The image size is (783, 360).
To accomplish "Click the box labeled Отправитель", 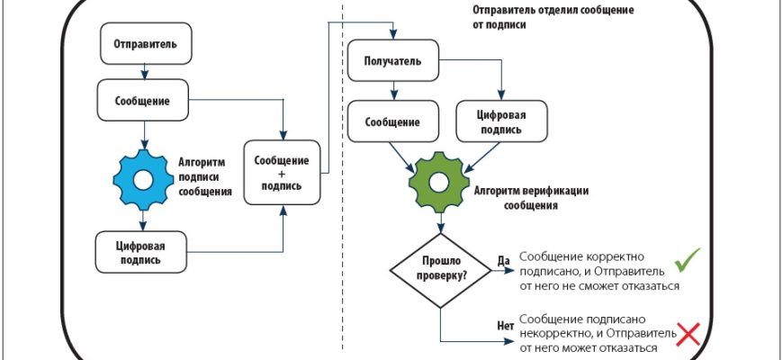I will tap(139, 44).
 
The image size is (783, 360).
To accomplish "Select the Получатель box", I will tap(394, 62).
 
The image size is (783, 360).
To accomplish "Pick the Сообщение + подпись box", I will tap(282, 172).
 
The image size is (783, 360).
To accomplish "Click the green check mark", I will tap(688, 260).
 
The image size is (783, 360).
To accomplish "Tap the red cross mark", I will tap(688, 336).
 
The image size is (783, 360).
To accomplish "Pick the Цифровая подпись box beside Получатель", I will tap(501, 122).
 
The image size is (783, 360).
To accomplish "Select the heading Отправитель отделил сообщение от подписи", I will tap(540, 17).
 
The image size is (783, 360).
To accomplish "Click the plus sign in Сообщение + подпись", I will tap(282, 173).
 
